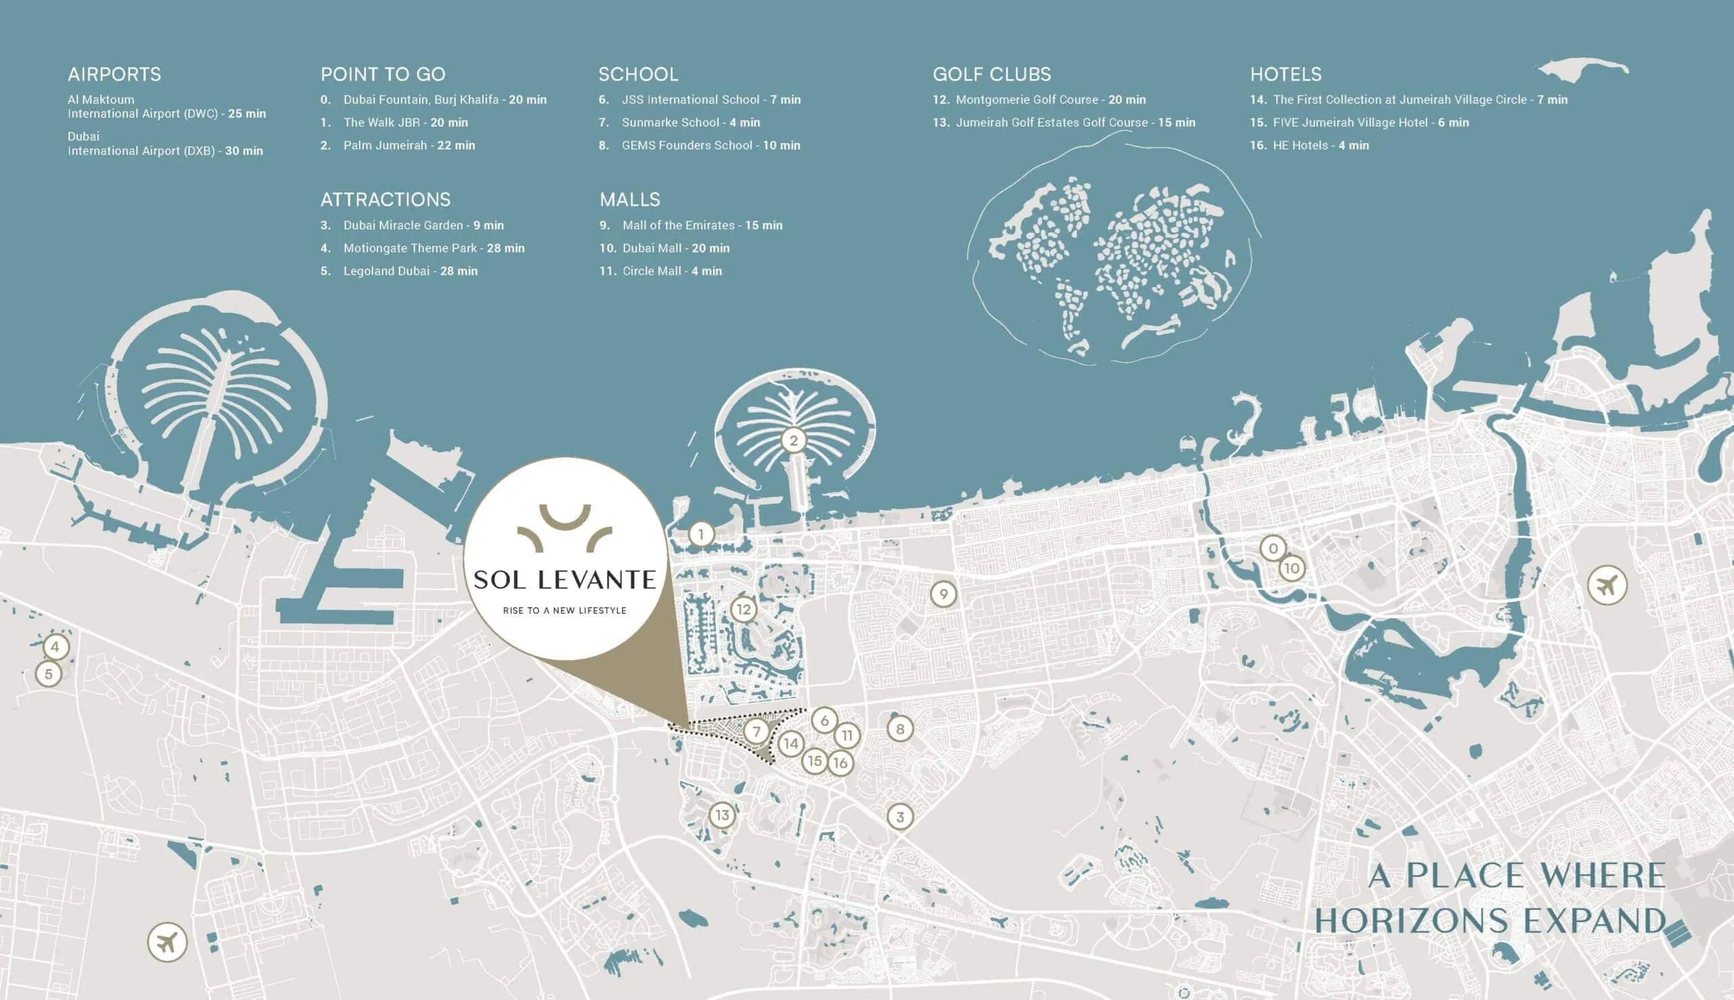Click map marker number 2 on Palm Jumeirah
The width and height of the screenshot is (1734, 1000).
pyautogui.click(x=793, y=440)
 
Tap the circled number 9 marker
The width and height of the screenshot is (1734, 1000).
pyautogui.click(x=944, y=594)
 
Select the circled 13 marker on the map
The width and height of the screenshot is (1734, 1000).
pyautogui.click(x=722, y=815)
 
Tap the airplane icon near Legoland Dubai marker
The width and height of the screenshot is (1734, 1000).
pyautogui.click(x=167, y=942)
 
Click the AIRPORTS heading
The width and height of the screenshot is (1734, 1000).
pyautogui.click(x=114, y=74)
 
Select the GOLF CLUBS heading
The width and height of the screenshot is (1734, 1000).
pyautogui.click(x=992, y=74)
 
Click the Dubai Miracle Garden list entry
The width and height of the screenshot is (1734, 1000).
pyautogui.click(x=423, y=225)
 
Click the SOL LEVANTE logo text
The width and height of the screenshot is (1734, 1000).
pyautogui.click(x=565, y=580)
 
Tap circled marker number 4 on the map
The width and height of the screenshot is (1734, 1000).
pyautogui.click(x=55, y=647)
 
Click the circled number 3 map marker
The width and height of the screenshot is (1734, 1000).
pyautogui.click(x=900, y=817)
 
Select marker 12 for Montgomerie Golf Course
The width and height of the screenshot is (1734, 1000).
pyautogui.click(x=743, y=609)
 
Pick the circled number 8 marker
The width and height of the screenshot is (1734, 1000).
pyautogui.click(x=900, y=729)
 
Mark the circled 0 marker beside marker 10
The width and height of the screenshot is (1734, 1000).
pyautogui.click(x=1273, y=548)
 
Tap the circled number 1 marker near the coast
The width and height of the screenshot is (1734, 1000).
pyautogui.click(x=701, y=534)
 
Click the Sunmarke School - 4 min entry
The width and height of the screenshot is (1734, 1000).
pyautogui.click(x=690, y=123)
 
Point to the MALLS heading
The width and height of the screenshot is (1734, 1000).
pyautogui.click(x=629, y=200)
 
